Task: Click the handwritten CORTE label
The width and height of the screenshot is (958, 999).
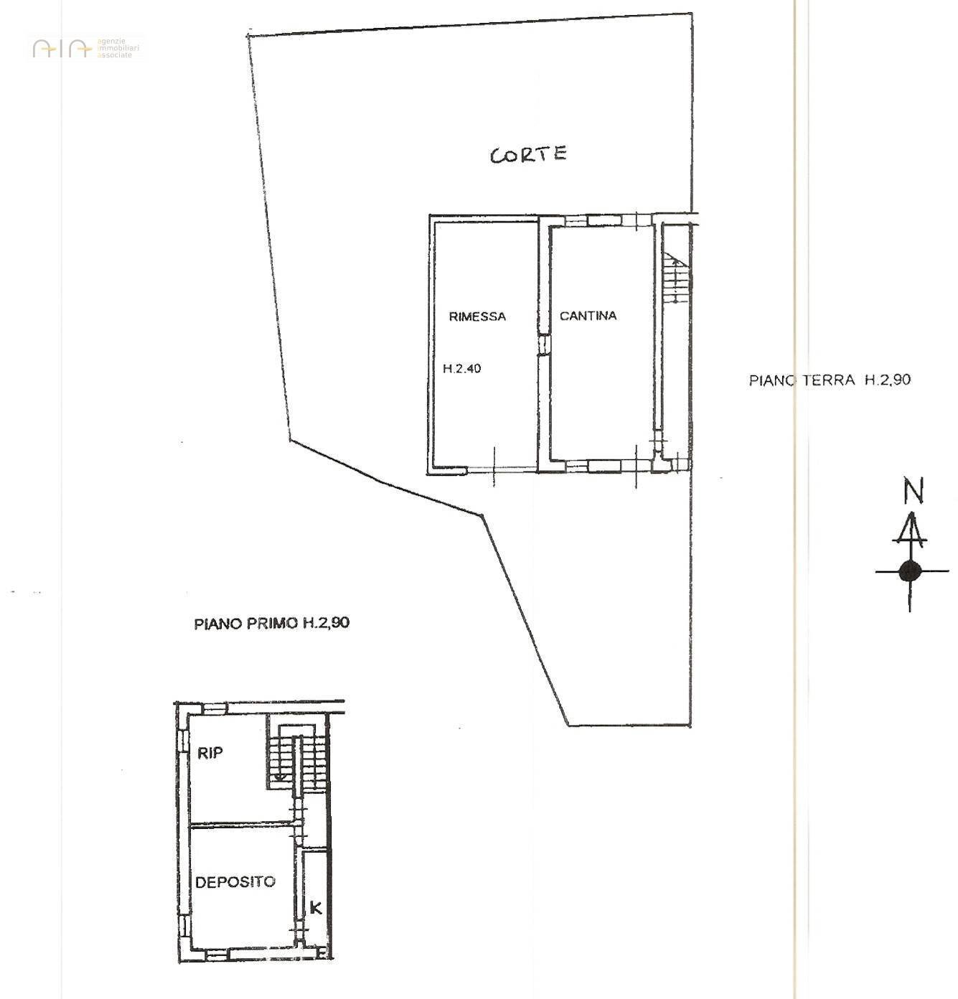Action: (528, 154)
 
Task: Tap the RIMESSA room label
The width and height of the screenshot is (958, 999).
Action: (477, 316)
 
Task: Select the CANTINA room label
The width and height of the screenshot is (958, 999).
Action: (588, 315)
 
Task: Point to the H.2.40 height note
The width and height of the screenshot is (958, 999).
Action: (461, 369)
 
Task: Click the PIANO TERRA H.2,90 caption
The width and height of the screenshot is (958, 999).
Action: (830, 380)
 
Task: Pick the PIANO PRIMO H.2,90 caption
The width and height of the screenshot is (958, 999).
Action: (271, 623)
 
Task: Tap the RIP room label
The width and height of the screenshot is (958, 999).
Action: (210, 753)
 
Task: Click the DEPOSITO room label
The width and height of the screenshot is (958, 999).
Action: (235, 882)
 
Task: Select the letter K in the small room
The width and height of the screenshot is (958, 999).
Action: (316, 908)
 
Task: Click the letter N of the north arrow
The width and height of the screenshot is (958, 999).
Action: (913, 492)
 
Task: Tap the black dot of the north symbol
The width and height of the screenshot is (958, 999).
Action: (910, 571)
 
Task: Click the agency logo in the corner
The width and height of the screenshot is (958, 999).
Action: (85, 48)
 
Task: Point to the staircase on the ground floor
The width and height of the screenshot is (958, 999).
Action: (675, 280)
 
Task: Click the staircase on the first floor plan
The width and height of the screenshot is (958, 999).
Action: (298, 761)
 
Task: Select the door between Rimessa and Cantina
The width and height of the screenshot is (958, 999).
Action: (544, 344)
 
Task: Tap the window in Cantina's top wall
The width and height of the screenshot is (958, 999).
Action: (604, 220)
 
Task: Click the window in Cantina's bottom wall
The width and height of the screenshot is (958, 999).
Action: (604, 466)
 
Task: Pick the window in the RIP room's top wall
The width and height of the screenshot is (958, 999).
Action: (215, 708)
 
